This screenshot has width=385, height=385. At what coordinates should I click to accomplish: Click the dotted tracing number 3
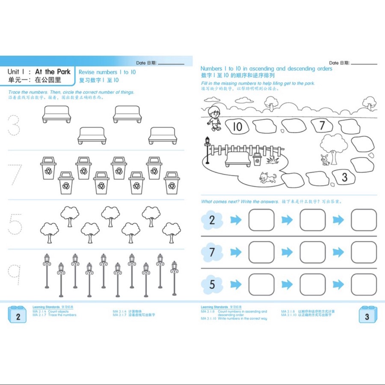[14, 124]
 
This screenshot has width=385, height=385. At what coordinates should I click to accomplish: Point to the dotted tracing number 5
[15, 224]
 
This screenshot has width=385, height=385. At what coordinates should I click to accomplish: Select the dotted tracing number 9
[15, 274]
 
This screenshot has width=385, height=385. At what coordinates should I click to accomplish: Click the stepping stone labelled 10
[237, 126]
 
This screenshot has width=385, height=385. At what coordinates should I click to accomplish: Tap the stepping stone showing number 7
[323, 125]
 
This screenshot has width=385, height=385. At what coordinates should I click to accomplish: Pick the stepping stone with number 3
[344, 177]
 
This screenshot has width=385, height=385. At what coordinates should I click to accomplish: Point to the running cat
[268, 177]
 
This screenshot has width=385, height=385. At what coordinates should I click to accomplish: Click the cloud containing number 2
[212, 220]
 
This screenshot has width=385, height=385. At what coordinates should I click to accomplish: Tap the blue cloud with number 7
[212, 252]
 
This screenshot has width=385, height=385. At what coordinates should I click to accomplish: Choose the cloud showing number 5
[212, 284]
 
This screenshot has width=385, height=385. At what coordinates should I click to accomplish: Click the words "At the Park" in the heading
[53, 72]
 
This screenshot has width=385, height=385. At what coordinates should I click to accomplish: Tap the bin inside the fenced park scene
[257, 159]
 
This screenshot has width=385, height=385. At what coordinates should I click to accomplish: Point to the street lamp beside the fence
[208, 150]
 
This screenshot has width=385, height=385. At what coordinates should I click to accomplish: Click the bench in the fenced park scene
[237, 159]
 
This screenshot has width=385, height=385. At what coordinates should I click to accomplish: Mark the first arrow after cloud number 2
[236, 220]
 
